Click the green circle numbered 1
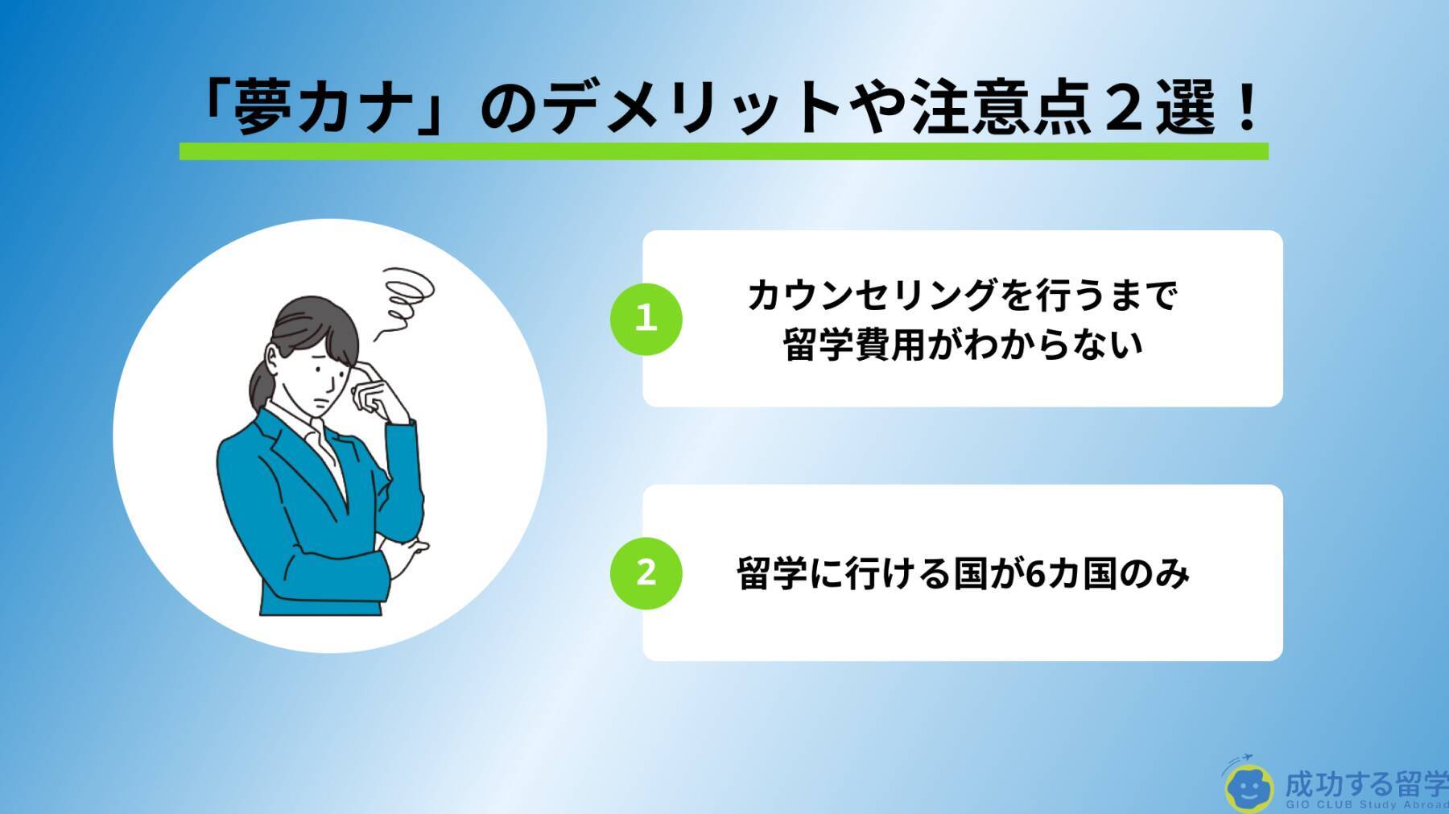click(646, 319)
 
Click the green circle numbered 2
click(646, 572)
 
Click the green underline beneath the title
click(723, 151)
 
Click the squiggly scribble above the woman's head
click(406, 298)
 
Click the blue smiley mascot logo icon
click(1249, 786)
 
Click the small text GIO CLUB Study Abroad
click(1366, 805)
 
